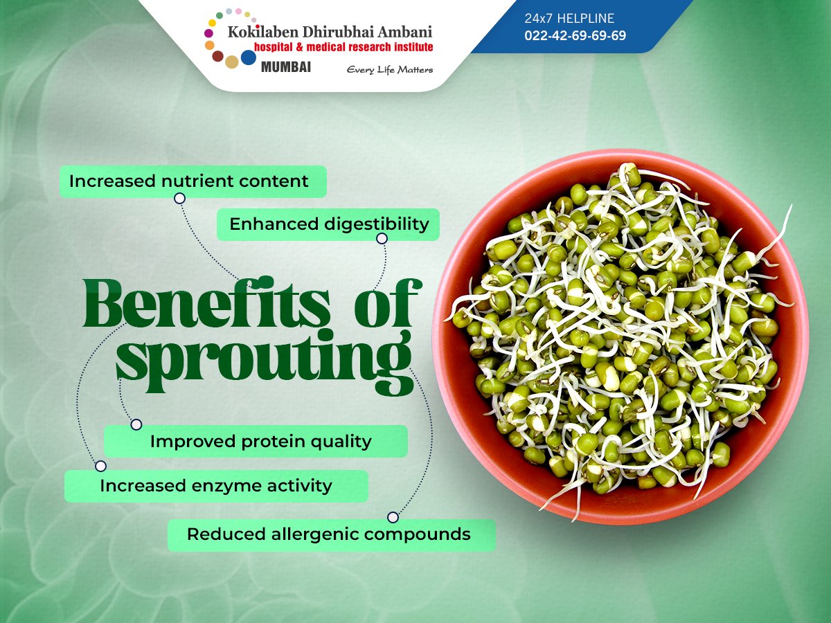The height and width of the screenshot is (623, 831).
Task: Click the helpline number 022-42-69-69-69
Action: point(575,35)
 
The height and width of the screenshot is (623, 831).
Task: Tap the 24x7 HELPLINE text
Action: point(569,19)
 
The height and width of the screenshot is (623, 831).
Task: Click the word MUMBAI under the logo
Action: point(285,67)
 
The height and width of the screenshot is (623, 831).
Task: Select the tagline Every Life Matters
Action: point(390,69)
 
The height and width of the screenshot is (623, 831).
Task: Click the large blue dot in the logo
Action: point(249,57)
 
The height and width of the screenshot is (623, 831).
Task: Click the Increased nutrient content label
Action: point(188,181)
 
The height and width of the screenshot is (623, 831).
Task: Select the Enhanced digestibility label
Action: point(329,224)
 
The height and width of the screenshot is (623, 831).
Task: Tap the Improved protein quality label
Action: point(260,441)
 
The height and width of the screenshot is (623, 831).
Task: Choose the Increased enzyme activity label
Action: point(215,485)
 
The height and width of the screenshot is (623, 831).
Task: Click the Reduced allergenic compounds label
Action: point(329,534)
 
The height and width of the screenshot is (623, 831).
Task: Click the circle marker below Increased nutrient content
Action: point(179,198)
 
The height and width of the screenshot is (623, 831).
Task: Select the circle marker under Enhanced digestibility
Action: point(382,239)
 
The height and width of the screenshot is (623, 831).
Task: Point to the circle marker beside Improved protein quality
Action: point(136,424)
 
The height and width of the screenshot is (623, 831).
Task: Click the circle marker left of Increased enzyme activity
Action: point(101,466)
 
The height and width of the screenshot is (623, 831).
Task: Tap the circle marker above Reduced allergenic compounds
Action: point(393,517)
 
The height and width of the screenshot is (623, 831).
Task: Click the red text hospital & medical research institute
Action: point(343,46)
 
